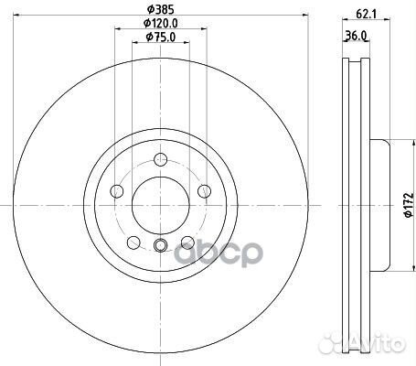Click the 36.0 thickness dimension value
(357, 37)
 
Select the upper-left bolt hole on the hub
(117, 190)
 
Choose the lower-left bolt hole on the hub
(133, 241)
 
